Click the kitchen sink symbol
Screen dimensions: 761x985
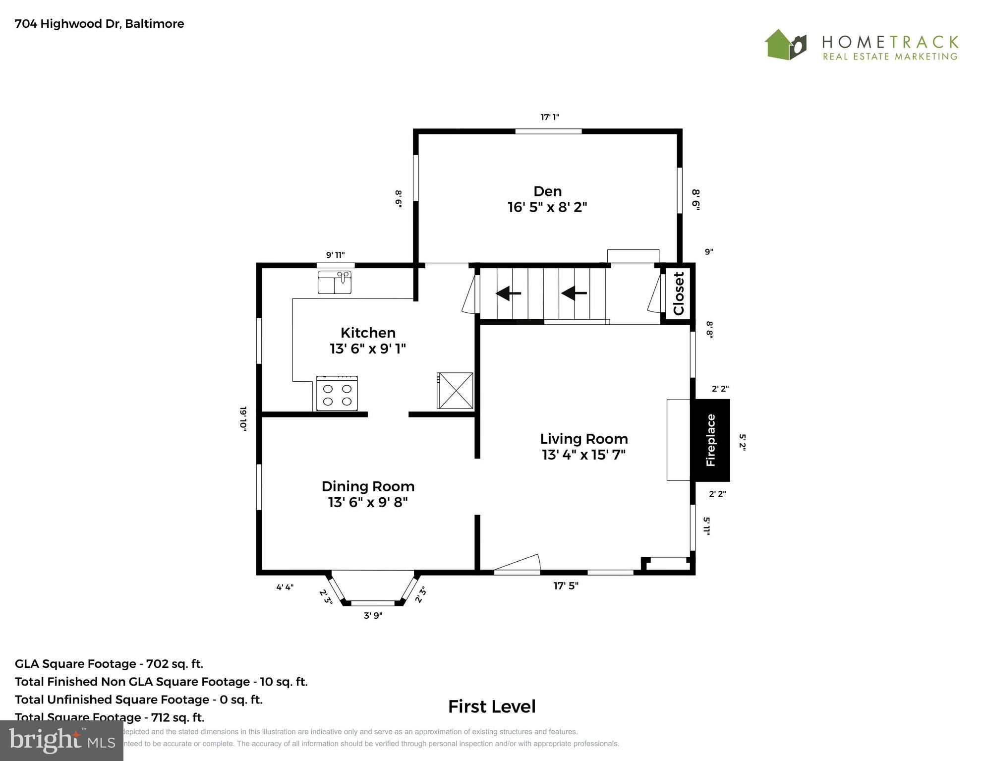click(335, 283)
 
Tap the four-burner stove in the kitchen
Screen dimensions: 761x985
click(337, 394)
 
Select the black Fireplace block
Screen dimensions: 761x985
click(710, 440)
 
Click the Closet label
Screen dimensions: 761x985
click(678, 293)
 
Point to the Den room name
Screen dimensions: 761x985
click(547, 191)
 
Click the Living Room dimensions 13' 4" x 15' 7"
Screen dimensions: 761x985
click(583, 455)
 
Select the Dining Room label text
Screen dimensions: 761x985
click(368, 486)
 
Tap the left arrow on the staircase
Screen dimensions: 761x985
click(508, 293)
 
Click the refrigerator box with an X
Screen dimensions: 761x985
click(455, 391)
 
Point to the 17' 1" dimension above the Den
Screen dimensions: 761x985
click(549, 117)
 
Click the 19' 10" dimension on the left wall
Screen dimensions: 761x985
click(243, 419)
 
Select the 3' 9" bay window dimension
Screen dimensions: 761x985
click(373, 616)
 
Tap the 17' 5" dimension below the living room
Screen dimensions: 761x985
click(566, 586)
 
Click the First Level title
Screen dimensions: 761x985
click(492, 706)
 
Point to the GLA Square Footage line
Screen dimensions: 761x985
click(109, 664)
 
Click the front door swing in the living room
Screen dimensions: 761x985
click(518, 564)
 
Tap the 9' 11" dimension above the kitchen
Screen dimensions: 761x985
click(335, 255)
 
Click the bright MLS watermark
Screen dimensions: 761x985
click(61, 741)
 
